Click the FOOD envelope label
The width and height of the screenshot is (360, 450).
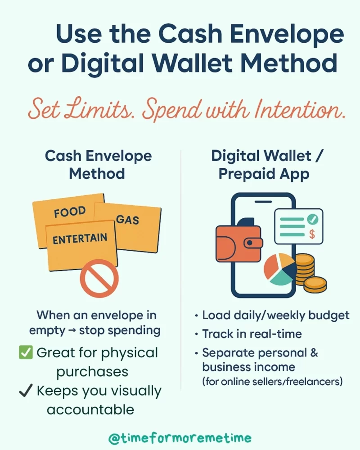(70, 211)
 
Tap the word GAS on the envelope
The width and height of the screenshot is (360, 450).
(128, 220)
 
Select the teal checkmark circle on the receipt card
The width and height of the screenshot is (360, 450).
(312, 219)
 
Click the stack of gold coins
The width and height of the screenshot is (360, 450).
(308, 273)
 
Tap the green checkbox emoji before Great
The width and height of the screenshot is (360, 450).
(26, 353)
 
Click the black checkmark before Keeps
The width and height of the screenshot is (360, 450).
(25, 391)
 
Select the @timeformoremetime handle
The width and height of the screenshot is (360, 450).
(180, 437)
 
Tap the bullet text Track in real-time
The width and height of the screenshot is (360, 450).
(252, 334)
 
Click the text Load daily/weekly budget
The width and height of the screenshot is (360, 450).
(275, 315)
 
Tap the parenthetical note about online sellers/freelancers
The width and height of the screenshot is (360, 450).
(272, 382)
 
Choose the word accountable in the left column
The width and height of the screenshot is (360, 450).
(90, 410)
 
